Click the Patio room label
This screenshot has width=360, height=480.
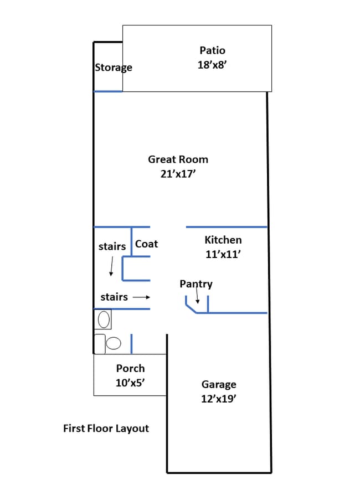(x=213, y=51)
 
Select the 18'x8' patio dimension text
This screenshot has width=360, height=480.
(x=213, y=65)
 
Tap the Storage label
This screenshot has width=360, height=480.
(x=114, y=68)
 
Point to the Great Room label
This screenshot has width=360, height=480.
(x=178, y=159)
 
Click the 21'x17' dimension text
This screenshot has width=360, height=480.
(x=178, y=173)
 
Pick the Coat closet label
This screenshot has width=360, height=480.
(x=147, y=244)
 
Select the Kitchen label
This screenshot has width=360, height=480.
(x=223, y=240)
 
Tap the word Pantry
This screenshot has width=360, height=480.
(x=196, y=284)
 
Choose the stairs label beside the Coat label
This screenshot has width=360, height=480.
(x=112, y=246)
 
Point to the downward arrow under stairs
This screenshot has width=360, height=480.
(x=111, y=267)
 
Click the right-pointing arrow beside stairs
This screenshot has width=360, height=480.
(x=141, y=297)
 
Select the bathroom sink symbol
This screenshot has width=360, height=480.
(x=104, y=319)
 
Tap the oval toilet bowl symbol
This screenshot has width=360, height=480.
(x=114, y=343)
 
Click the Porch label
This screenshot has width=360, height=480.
(x=131, y=368)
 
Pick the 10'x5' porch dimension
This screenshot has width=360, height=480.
(x=131, y=382)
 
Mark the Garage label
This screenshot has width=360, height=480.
(x=219, y=384)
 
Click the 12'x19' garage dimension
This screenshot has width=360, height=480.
(x=219, y=398)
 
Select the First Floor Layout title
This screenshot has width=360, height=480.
(x=106, y=429)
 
